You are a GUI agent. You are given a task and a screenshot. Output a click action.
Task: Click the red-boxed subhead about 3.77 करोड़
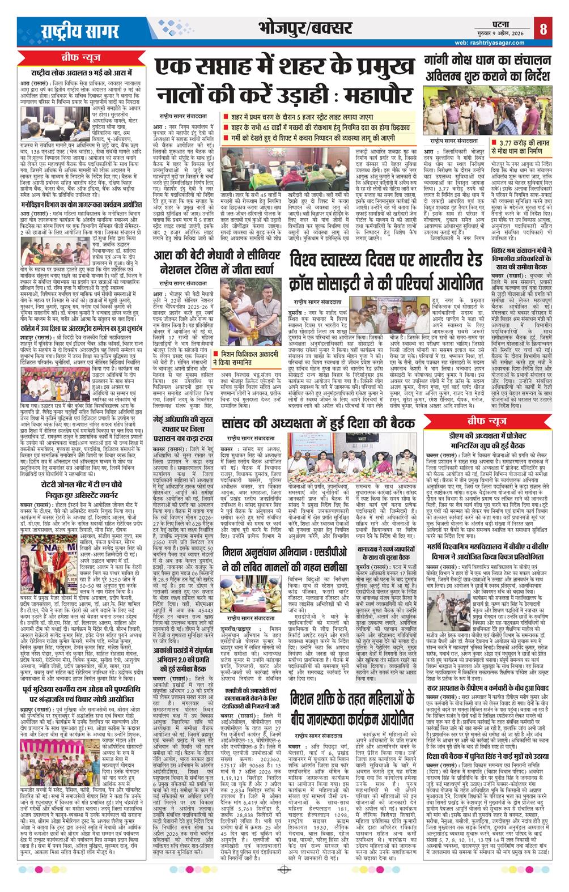[x=525, y=148]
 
